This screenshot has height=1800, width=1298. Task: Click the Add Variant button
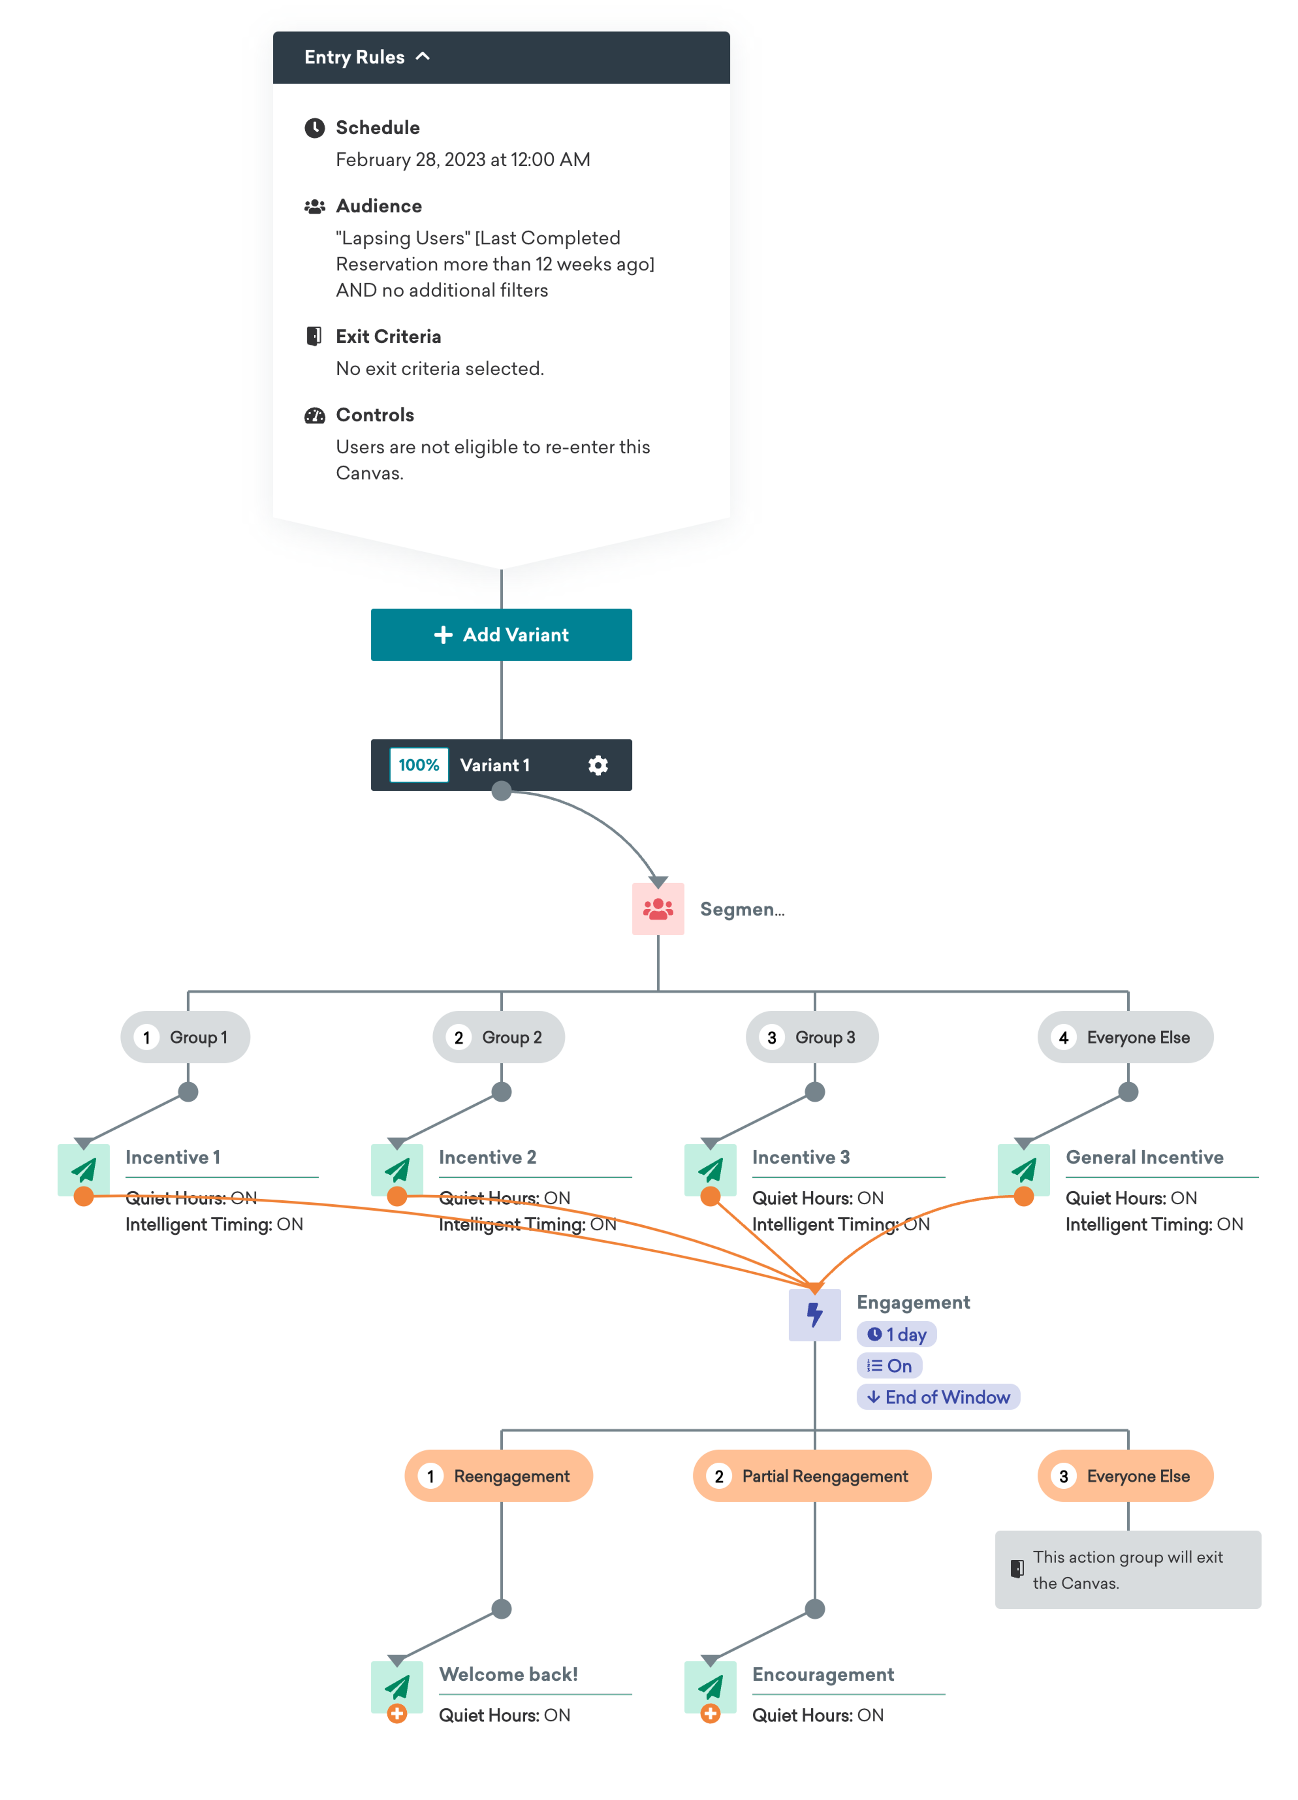pos(501,634)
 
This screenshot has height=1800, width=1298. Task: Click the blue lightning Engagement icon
pos(814,1314)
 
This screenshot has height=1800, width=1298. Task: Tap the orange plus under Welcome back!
pos(397,1713)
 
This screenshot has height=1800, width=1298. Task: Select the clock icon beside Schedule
pos(314,128)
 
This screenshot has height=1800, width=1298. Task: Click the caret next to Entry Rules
pos(423,56)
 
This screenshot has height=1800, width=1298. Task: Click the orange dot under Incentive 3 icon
pos(710,1196)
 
